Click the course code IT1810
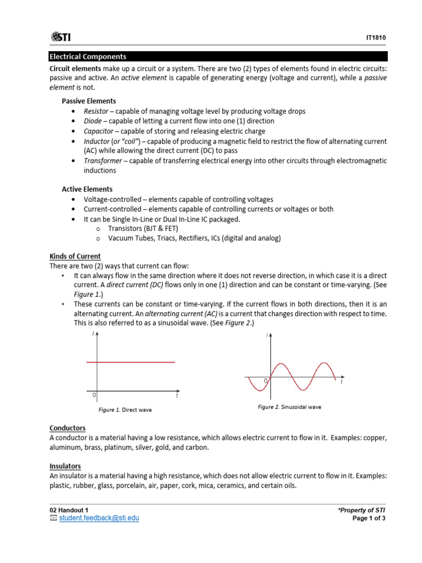pyautogui.click(x=376, y=38)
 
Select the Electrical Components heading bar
pyautogui.click(x=218, y=57)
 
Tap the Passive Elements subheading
pyautogui.click(x=88, y=101)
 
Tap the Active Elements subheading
pyautogui.click(x=87, y=189)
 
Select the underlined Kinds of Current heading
pyautogui.click(x=75, y=257)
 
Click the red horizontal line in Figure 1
pyautogui.click(x=131, y=362)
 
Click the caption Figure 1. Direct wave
pyautogui.click(x=125, y=410)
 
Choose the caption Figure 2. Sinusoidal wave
pyautogui.click(x=290, y=407)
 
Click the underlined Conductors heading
pyautogui.click(x=68, y=428)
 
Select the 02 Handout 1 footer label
pyautogui.click(x=69, y=510)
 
